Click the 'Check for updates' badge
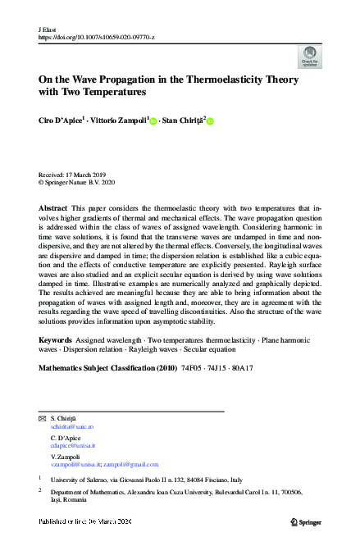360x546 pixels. point(309,57)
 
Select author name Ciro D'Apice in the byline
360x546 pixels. point(61,121)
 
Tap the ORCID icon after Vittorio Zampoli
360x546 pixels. point(153,122)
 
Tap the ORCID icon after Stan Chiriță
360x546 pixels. point(209,122)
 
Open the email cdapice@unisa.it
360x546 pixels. point(73,445)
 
